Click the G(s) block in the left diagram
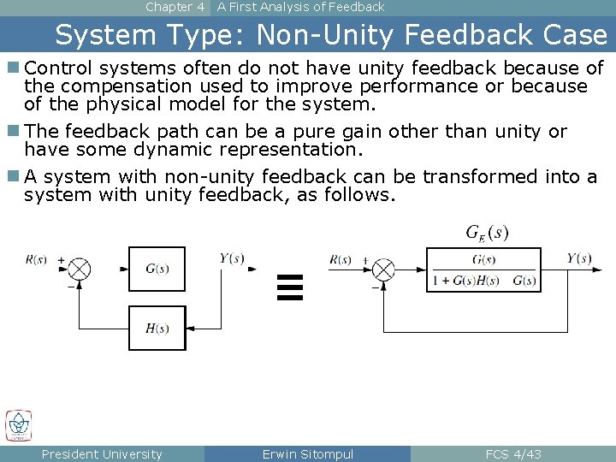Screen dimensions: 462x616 (157, 269)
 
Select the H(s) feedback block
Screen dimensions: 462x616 (157, 328)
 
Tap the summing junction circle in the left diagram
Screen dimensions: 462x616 (80, 269)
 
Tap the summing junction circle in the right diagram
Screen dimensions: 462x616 (384, 269)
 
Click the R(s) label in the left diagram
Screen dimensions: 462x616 (37, 258)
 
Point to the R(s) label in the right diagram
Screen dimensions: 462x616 (341, 259)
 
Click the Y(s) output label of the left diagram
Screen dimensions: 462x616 (232, 258)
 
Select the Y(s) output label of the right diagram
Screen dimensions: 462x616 (579, 259)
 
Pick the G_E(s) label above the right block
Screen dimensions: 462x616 (487, 233)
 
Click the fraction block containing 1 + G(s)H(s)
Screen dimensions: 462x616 (483, 270)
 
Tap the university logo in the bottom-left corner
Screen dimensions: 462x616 (18, 425)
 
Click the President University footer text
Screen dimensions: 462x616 (102, 454)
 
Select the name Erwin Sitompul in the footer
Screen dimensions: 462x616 (307, 454)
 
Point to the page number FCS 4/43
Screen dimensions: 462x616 (512, 454)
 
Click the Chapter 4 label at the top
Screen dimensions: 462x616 (175, 7)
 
